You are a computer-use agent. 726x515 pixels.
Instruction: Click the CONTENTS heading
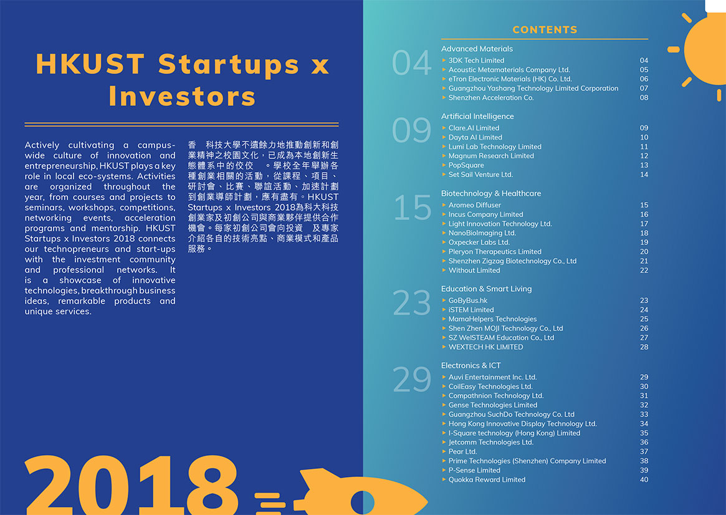(545, 30)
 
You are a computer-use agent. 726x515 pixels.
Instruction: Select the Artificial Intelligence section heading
(477, 116)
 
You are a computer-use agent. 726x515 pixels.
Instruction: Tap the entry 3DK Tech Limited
(476, 60)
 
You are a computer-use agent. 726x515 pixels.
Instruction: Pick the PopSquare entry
(466, 165)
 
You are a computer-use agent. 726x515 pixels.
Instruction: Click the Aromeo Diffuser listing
(475, 205)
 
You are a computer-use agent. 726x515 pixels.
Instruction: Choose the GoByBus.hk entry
(467, 301)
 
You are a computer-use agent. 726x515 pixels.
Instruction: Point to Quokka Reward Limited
(487, 480)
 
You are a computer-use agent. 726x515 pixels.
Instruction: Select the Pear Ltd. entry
(462, 451)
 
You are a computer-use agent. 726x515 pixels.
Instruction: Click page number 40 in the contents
(644, 480)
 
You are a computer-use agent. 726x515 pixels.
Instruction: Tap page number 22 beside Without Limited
(644, 271)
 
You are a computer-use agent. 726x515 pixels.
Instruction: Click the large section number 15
(412, 208)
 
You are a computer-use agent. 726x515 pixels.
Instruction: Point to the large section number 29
(412, 379)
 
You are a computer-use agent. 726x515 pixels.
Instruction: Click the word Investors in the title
(182, 97)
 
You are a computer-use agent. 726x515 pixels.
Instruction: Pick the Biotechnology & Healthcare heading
(491, 193)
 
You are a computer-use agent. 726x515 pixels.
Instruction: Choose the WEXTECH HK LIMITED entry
(485, 347)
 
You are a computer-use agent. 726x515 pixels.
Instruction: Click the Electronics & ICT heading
(471, 365)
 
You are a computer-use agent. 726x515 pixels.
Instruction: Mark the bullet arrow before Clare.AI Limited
(444, 128)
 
